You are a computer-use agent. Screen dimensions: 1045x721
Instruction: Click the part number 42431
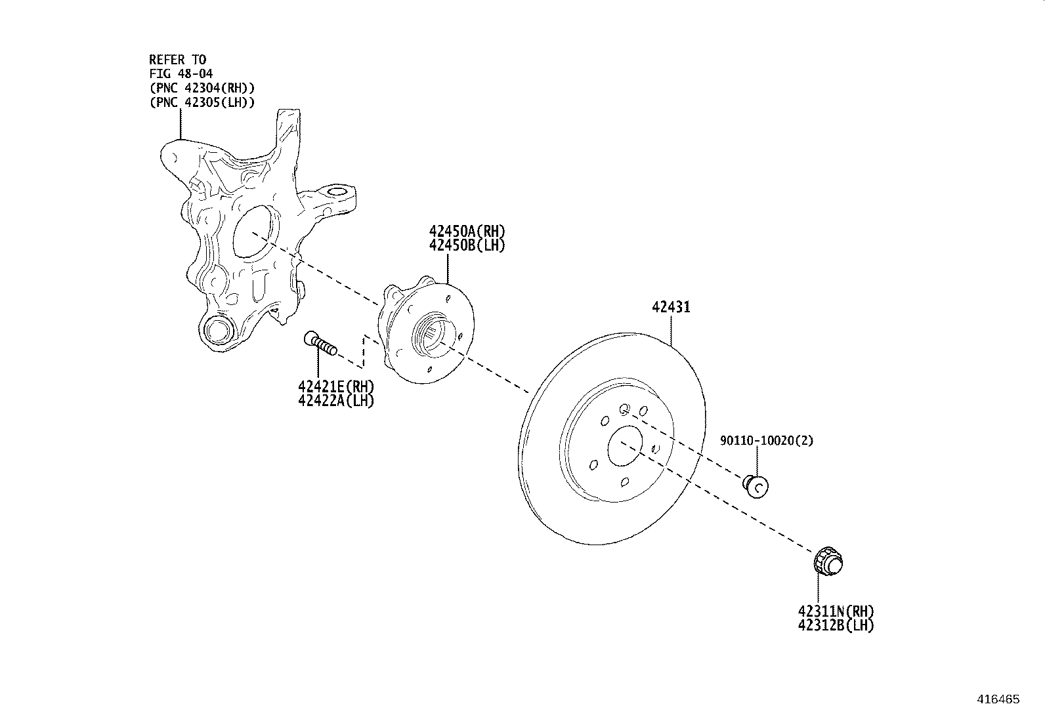click(671, 307)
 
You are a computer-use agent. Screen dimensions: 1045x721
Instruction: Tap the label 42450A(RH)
click(467, 231)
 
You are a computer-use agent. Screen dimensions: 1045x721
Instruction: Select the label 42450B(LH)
click(467, 245)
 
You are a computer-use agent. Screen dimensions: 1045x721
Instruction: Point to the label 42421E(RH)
click(336, 386)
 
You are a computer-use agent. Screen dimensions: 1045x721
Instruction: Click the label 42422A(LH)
click(336, 401)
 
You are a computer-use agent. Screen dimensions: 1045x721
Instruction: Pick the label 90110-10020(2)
click(767, 440)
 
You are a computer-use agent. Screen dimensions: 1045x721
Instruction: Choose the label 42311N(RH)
click(836, 611)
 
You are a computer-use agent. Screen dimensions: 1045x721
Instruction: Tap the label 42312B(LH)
click(836, 625)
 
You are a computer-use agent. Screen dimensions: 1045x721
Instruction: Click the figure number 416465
click(998, 699)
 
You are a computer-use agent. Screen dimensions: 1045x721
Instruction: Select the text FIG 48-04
click(181, 73)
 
